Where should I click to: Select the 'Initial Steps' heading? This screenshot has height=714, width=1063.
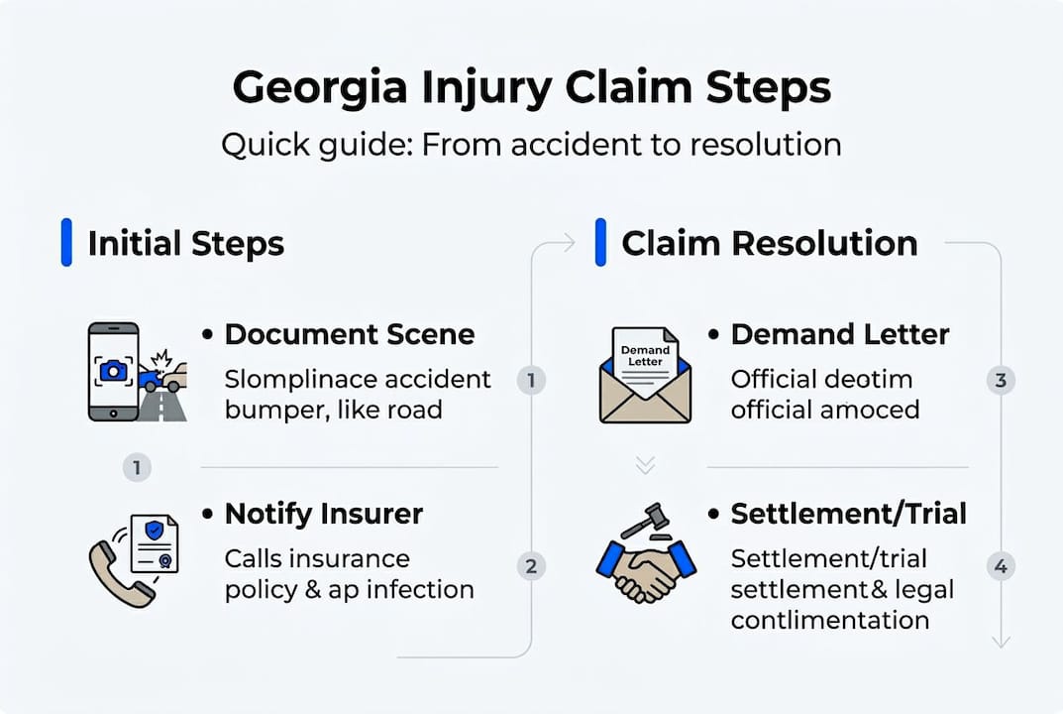point(185,244)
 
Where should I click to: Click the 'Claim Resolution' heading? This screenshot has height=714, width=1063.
point(769,244)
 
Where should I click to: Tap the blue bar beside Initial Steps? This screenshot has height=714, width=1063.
point(66,243)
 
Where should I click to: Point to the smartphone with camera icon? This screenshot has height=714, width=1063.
point(112,370)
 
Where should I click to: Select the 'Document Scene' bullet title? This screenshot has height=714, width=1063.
point(349,334)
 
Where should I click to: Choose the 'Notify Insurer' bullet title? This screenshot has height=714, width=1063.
point(324,514)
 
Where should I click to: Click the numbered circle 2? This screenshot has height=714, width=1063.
point(531,566)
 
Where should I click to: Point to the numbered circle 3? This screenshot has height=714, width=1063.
point(1001,380)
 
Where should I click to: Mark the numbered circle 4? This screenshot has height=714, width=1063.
point(1001,567)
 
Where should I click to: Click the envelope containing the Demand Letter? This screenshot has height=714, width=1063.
point(645,377)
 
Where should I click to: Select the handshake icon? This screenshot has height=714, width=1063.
point(646,570)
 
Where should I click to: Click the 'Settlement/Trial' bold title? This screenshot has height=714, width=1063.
point(848,514)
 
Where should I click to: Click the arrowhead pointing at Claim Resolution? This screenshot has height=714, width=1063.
point(569,243)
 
